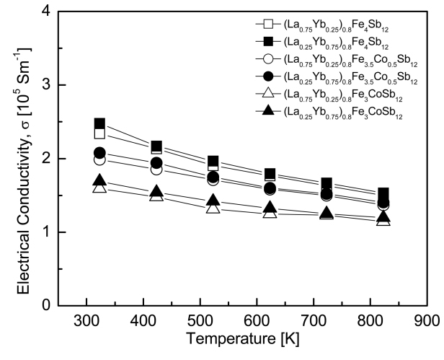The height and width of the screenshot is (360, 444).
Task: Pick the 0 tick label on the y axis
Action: click(46, 305)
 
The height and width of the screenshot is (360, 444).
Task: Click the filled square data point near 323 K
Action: click(99, 124)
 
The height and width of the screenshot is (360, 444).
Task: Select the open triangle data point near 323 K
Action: click(99, 188)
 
